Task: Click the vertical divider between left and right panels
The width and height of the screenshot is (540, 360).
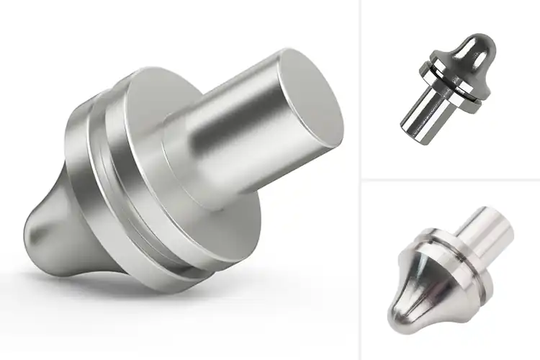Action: click(360, 180)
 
